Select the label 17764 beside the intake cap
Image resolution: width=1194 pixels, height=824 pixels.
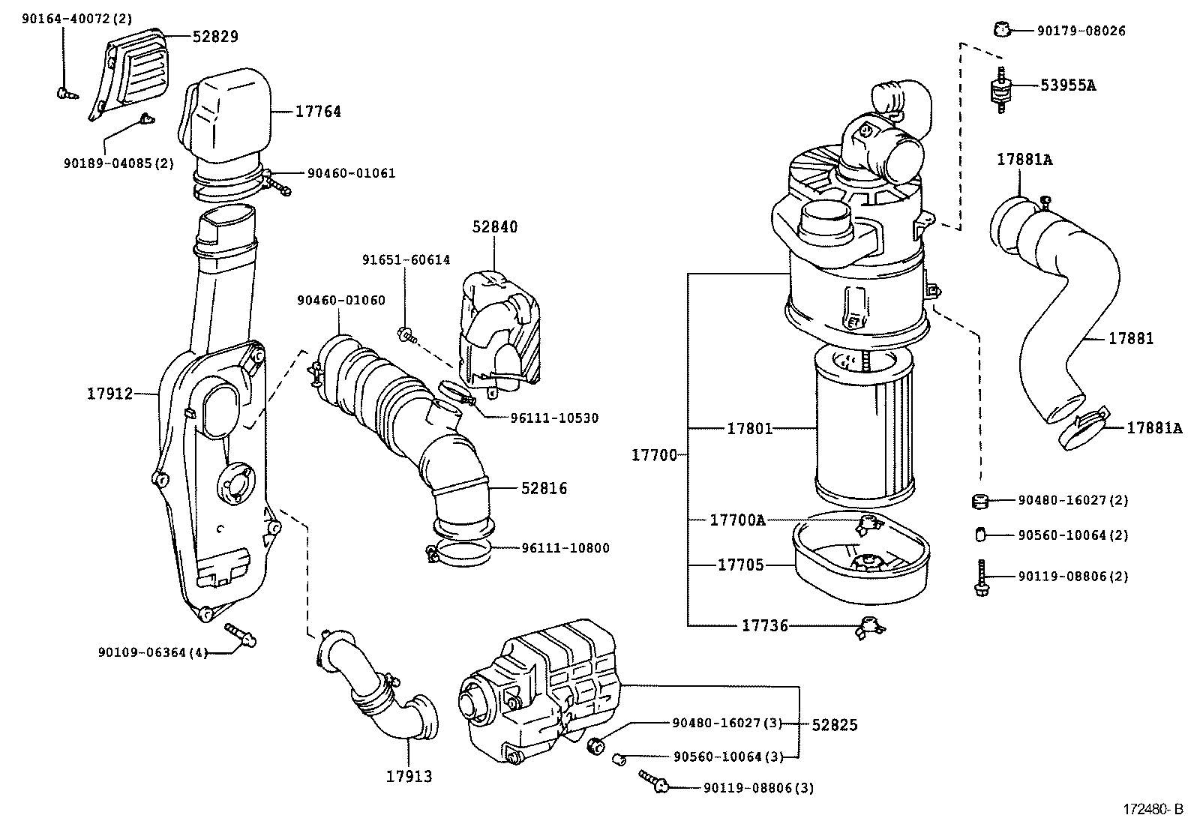click(x=318, y=112)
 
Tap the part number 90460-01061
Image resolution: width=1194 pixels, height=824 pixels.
click(x=351, y=173)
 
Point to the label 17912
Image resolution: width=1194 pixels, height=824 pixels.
click(x=109, y=393)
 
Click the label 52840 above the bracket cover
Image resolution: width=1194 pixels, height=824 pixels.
click(x=494, y=226)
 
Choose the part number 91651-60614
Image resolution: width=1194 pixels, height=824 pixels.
click(x=406, y=260)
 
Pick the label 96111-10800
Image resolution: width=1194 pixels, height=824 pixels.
click(x=565, y=548)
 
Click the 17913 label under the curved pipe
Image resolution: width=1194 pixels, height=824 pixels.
click(x=409, y=776)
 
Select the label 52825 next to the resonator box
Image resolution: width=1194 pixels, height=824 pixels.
click(x=835, y=725)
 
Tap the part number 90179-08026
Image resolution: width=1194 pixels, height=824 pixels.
click(x=1081, y=31)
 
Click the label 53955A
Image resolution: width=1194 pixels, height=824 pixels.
click(x=1067, y=85)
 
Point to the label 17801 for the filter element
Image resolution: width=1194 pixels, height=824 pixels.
click(x=749, y=429)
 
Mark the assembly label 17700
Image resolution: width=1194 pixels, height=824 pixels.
click(x=654, y=454)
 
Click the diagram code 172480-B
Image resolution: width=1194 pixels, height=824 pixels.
click(x=1152, y=809)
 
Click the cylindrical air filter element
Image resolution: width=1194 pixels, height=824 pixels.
click(x=864, y=427)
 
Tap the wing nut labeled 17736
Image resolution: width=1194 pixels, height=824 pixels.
click(x=868, y=626)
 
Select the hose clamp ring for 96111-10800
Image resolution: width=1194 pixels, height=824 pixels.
click(x=460, y=553)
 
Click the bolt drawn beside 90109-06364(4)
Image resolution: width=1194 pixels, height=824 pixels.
click(x=241, y=634)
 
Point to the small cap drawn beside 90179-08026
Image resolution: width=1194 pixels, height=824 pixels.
click(x=998, y=30)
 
